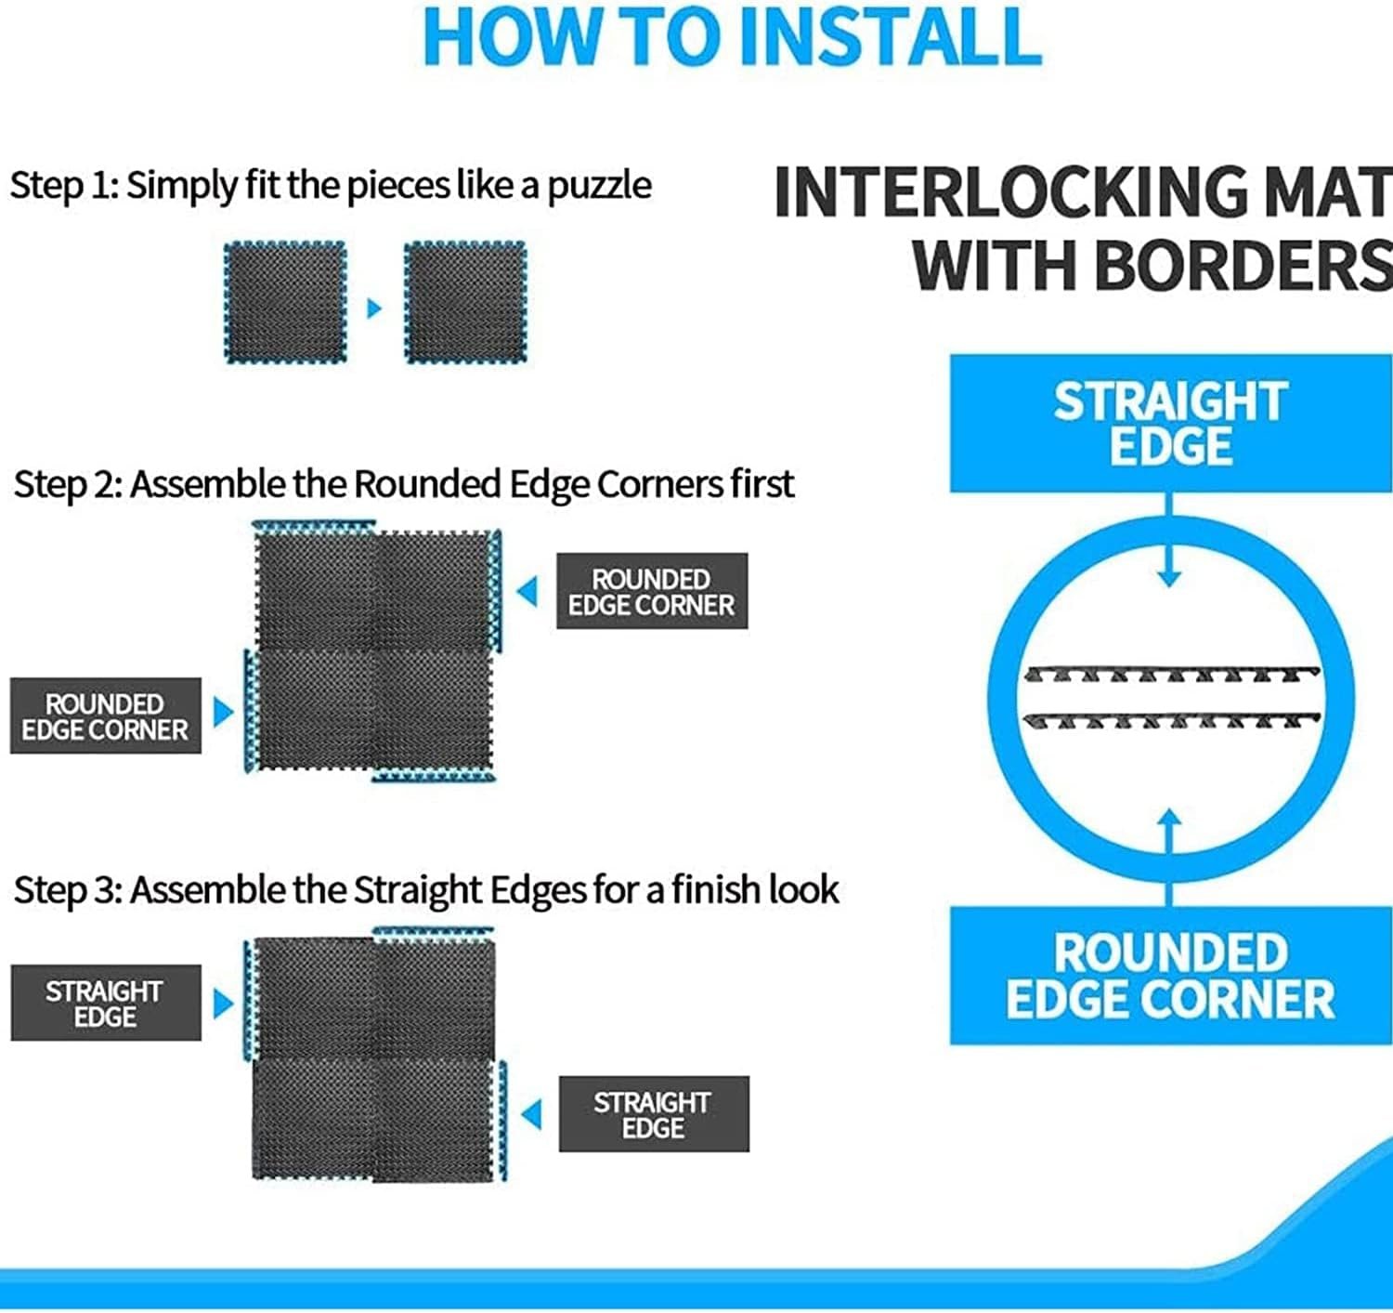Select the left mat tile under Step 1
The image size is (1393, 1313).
pos(285,302)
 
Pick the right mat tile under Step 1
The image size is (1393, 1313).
pos(464,302)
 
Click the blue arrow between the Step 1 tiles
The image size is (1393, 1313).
pos(374,308)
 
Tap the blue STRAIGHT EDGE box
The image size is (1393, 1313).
pos(1170,424)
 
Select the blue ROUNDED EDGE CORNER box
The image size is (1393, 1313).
pos(1170,976)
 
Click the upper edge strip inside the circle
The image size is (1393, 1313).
pos(1171,675)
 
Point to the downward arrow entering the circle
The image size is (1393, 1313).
pos(1168,541)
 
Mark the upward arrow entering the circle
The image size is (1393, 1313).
pos(1168,858)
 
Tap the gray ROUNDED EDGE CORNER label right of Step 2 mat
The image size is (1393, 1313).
pos(652,591)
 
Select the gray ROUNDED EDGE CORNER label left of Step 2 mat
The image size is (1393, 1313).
pos(106,716)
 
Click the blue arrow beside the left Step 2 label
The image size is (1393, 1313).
pos(223,713)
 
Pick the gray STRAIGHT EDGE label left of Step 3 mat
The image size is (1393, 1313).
pos(106,1004)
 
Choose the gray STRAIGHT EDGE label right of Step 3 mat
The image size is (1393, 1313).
pos(654,1114)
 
